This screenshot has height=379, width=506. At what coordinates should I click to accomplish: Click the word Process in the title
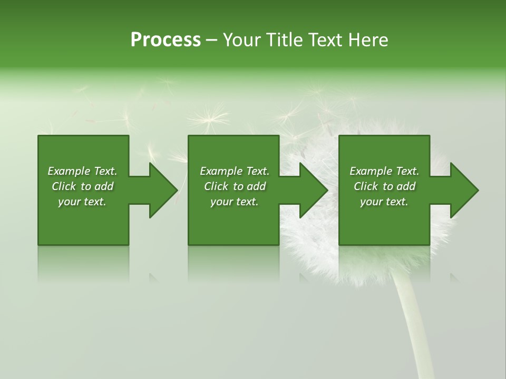pos(166,40)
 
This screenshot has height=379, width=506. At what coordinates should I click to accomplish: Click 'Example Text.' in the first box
pos(82,171)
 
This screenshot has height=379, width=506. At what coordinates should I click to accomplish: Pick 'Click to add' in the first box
pos(82,186)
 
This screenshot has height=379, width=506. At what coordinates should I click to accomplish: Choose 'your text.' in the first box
pos(82,202)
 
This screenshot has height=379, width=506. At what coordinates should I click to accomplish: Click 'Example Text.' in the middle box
pos(235,171)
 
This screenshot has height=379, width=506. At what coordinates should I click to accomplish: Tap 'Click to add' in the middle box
pos(235,186)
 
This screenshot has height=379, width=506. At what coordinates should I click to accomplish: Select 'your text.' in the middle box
pos(235,202)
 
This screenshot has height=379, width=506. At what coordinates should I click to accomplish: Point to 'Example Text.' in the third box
pos(384,171)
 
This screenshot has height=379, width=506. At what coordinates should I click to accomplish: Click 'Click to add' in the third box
pos(384,186)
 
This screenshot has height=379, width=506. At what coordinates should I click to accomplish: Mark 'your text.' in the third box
pos(384,202)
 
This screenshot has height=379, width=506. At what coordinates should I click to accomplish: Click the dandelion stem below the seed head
pos(413,326)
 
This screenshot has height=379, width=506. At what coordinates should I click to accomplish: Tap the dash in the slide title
pos(211,41)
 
